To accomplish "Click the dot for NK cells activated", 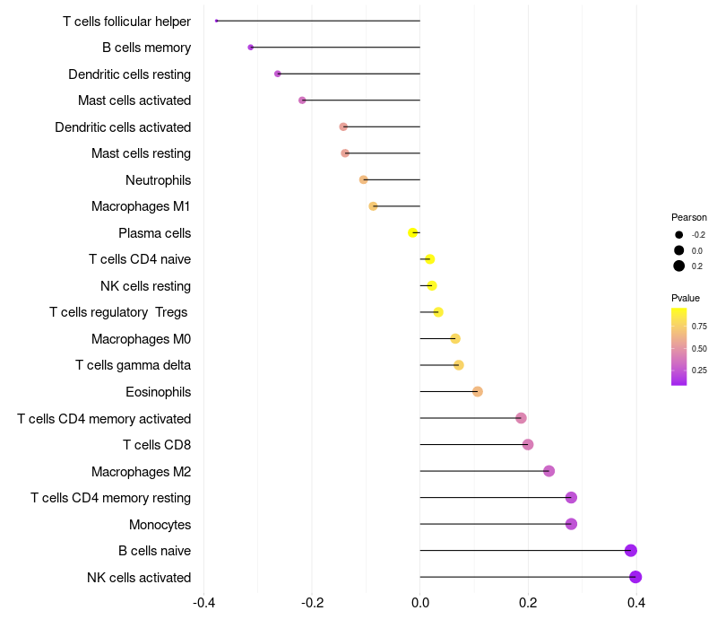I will point(635,577).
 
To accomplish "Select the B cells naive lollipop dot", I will point(631,551).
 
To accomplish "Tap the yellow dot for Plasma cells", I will point(413,232).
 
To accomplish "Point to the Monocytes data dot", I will point(571,524).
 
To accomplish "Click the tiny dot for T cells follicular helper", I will point(217,21).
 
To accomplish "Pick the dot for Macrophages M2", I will point(549,471).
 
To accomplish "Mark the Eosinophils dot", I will point(478,391).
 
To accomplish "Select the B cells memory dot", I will point(251,48).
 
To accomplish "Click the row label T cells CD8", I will point(157,445).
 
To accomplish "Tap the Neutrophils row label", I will point(158,180).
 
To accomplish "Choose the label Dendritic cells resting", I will point(129,74).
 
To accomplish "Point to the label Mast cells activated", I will point(134,100).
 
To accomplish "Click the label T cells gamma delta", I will point(133,365).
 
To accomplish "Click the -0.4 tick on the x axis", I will point(203,602).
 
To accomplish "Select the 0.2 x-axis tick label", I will point(528,602).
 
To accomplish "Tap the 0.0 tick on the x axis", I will point(420,602).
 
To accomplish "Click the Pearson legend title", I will point(689,217).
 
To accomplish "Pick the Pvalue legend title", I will point(686,298).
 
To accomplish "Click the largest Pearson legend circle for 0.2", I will point(679,266).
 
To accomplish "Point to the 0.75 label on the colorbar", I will point(699,326).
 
